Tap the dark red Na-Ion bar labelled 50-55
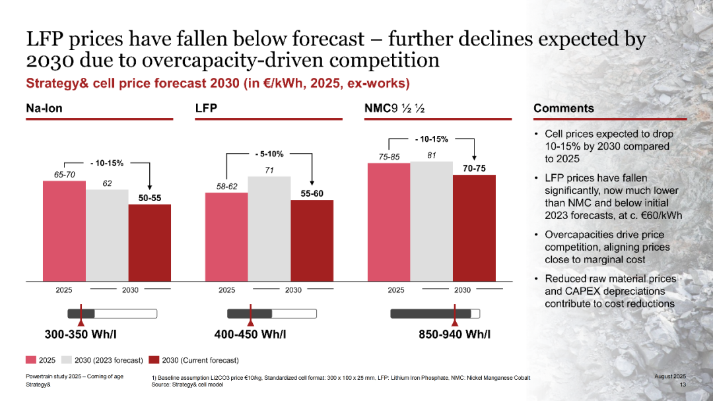click(149, 241)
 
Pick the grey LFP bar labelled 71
click(269, 228)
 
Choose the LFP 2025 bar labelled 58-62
click(226, 235)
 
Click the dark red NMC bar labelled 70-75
click(474, 227)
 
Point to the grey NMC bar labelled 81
click(432, 220)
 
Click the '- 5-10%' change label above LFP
click(269, 154)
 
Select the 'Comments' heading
click(563, 108)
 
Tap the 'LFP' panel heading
click(207, 108)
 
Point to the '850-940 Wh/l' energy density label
click(454, 334)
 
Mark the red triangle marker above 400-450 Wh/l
click(251, 322)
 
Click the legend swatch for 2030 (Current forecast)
click(154, 360)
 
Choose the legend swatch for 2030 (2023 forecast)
click(67, 360)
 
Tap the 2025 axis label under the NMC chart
click(396, 290)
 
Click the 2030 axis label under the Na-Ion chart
click(131, 290)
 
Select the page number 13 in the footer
click(683, 385)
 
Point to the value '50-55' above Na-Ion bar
click(149, 197)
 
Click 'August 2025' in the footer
click(670, 376)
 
